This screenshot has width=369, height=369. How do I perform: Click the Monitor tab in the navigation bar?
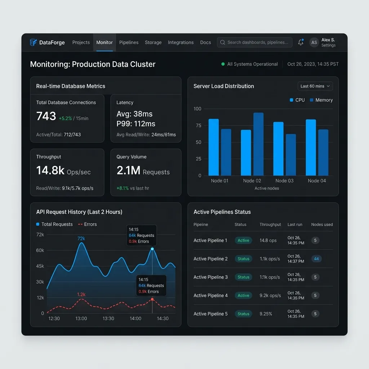click(105, 43)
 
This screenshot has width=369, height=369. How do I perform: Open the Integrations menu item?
click(181, 43)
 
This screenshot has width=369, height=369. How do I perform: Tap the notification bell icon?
click(301, 42)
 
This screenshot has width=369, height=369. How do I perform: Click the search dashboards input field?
click(254, 43)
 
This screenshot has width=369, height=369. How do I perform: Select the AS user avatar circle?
click(314, 43)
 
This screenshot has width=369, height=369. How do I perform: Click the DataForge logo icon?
click(33, 43)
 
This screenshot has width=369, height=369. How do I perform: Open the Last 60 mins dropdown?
click(315, 86)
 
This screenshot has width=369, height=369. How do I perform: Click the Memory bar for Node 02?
click(258, 144)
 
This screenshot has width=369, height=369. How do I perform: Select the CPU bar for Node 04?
click(311, 147)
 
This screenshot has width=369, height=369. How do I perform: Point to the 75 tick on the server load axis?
click(199, 125)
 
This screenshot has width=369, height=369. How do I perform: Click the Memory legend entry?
click(321, 100)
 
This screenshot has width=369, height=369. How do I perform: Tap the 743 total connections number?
click(46, 116)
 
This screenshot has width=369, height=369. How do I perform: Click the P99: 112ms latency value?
click(136, 124)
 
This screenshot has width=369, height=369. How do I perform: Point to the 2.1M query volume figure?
click(129, 170)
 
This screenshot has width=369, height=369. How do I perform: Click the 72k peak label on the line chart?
click(81, 239)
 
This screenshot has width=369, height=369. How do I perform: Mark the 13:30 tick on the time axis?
click(108, 319)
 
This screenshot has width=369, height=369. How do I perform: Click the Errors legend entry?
click(87, 224)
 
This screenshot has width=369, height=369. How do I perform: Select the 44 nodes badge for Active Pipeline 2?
click(316, 259)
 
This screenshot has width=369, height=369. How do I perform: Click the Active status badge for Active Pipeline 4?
click(243, 295)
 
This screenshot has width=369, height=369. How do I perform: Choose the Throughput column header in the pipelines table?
click(270, 224)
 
